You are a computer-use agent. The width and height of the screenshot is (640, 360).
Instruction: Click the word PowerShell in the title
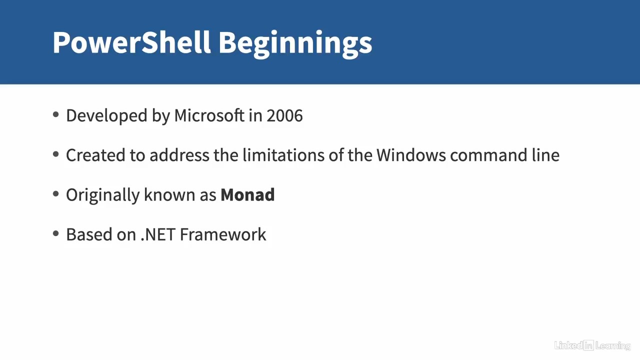click(131, 42)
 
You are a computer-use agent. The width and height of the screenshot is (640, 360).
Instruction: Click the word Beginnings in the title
click(295, 44)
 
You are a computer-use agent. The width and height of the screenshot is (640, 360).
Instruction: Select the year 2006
click(284, 115)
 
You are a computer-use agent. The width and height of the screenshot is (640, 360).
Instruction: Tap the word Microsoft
click(209, 115)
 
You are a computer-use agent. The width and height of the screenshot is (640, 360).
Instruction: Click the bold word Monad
click(247, 195)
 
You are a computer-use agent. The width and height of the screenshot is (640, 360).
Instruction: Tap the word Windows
click(411, 155)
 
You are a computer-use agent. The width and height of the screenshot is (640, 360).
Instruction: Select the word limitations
click(283, 155)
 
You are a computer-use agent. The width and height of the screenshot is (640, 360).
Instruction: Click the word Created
click(95, 155)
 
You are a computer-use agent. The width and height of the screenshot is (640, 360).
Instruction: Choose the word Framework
click(223, 235)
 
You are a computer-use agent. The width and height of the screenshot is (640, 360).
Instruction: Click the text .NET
click(158, 235)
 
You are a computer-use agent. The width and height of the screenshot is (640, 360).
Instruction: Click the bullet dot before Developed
click(56, 115)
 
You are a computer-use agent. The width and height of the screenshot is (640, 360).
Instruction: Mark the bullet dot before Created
click(56, 154)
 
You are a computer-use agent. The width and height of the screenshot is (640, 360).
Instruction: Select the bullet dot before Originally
click(56, 194)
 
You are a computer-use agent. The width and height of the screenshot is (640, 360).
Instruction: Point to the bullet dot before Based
click(56, 233)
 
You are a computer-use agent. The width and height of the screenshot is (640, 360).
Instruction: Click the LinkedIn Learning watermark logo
click(592, 345)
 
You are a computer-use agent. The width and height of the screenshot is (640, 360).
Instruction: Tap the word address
click(179, 155)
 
